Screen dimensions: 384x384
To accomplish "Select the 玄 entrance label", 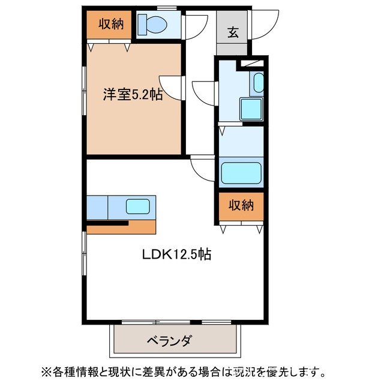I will [233, 32].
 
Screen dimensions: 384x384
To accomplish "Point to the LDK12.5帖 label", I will [176, 254].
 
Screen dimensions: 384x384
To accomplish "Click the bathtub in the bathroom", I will [242, 173].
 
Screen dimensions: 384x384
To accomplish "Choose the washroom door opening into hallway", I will [205, 92].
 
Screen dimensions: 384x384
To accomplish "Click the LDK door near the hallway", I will [203, 168].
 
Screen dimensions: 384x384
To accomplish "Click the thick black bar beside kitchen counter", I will [108, 224].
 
